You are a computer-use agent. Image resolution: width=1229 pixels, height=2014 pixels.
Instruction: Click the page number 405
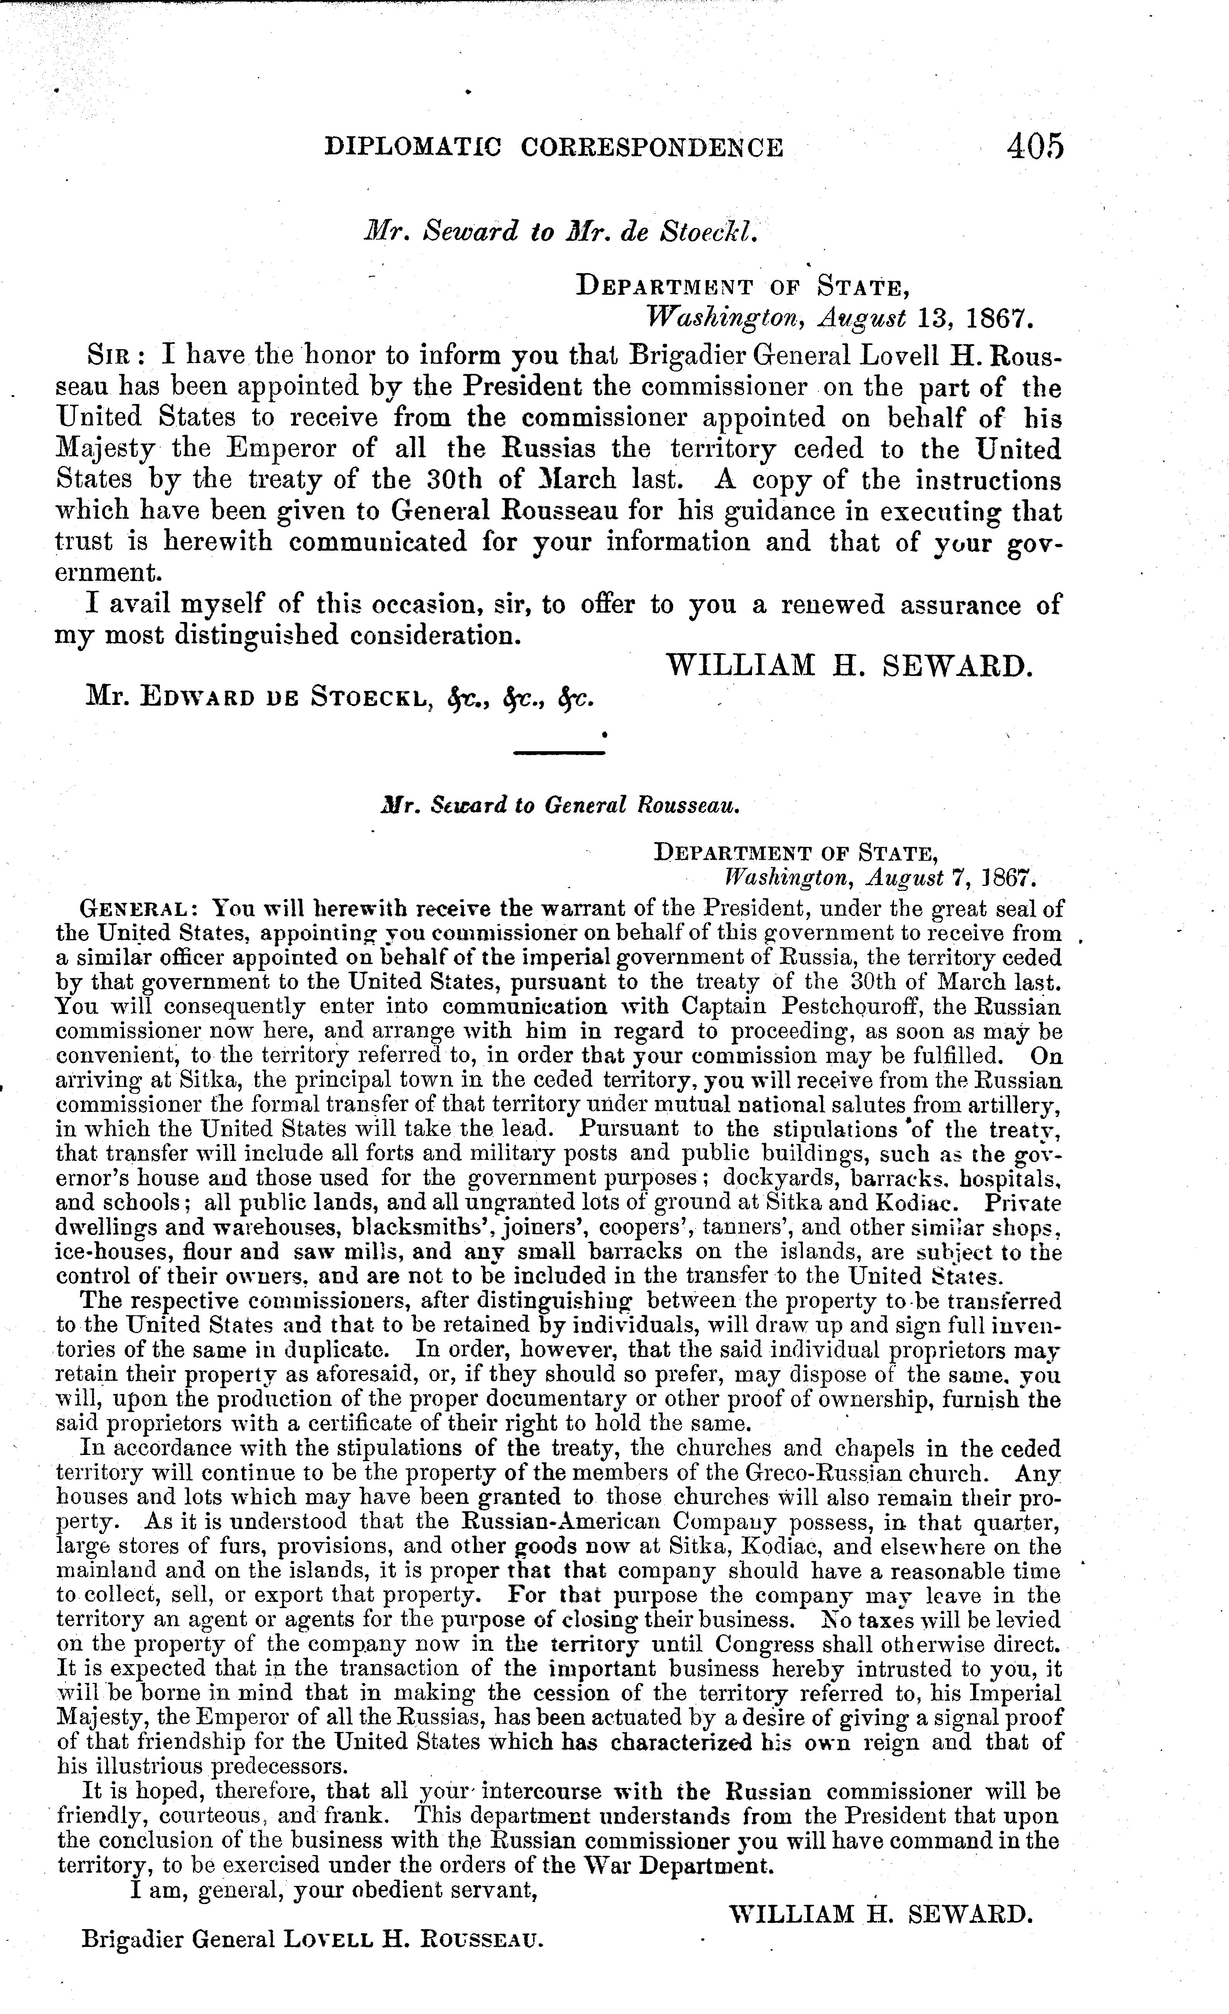[1035, 147]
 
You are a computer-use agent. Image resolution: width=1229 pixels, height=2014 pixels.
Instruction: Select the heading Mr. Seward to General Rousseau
[561, 805]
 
